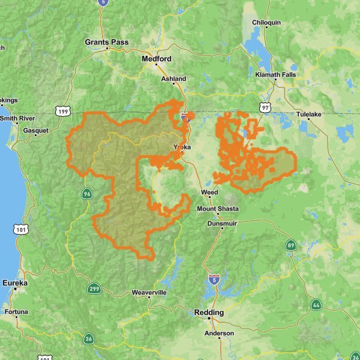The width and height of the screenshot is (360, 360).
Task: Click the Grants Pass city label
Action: point(106,42)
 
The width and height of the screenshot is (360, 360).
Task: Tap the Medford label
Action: point(157,59)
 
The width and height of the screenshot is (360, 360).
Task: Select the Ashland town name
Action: point(174,79)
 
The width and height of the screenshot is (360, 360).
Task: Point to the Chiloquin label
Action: point(266,22)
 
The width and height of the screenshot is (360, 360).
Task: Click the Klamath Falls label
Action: point(277,74)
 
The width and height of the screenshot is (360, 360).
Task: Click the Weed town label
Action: point(209,193)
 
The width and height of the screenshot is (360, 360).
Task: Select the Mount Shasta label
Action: point(218,209)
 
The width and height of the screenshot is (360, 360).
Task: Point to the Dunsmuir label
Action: point(222,223)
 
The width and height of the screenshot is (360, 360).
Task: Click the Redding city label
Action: point(209,313)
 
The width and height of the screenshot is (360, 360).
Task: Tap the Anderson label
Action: point(220,333)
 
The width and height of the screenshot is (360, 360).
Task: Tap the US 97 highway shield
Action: point(265,107)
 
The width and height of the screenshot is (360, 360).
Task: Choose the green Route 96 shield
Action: point(88,193)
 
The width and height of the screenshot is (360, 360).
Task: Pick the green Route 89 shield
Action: point(290,245)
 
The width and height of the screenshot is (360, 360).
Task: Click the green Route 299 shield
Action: point(94,289)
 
